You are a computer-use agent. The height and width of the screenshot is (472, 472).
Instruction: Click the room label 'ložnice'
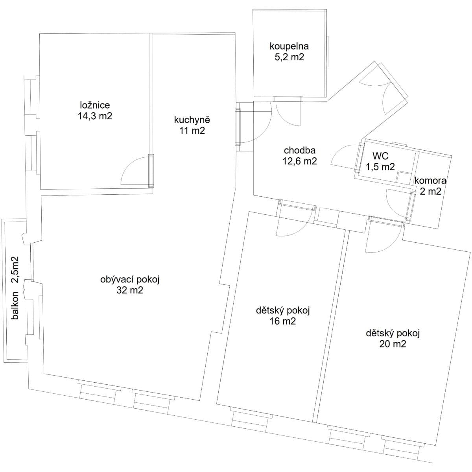pyautogui.click(x=95, y=105)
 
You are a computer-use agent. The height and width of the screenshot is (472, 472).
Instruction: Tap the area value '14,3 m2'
pyautogui.click(x=95, y=116)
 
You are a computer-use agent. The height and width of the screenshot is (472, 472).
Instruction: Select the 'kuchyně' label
pyautogui.click(x=192, y=120)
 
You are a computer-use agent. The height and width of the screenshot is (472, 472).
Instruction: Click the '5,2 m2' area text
pyautogui.click(x=289, y=57)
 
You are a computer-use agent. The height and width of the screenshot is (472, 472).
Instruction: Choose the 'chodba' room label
pyautogui.click(x=300, y=150)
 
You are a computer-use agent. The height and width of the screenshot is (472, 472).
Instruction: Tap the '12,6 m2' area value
pyautogui.click(x=300, y=161)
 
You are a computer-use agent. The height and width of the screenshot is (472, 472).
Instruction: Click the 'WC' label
pyautogui.click(x=380, y=156)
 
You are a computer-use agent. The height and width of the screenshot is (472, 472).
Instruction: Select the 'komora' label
pyautogui.click(x=430, y=181)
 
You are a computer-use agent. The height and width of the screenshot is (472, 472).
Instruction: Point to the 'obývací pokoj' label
pyautogui.click(x=130, y=280)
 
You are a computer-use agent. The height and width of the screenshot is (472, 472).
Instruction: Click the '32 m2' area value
pyautogui.click(x=130, y=291)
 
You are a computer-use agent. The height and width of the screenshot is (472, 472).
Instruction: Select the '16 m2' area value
pyautogui.click(x=283, y=321)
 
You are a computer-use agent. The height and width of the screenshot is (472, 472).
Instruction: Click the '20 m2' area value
pyautogui.click(x=393, y=344)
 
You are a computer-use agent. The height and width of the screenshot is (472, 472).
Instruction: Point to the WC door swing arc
pyautogui.click(x=342, y=155)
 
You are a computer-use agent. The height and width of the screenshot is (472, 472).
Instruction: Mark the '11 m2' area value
pyautogui.click(x=192, y=131)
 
